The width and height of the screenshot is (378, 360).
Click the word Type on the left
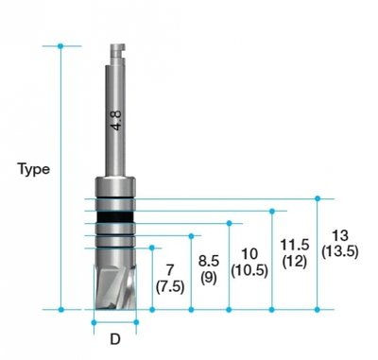[34, 169]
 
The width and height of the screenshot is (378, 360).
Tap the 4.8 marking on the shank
[115, 119]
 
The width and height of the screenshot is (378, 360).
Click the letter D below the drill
[115, 337]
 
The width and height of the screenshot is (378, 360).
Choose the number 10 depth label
[249, 254]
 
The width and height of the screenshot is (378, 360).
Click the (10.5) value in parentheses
[249, 270]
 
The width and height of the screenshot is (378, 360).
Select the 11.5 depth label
[295, 246]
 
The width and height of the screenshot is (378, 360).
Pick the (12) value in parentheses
[295, 262]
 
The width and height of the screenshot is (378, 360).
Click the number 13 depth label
[338, 235]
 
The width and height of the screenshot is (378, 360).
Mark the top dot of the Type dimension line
[61, 45]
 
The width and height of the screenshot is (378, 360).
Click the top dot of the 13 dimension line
[318, 198]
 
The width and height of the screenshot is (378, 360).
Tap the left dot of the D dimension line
[94, 321]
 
